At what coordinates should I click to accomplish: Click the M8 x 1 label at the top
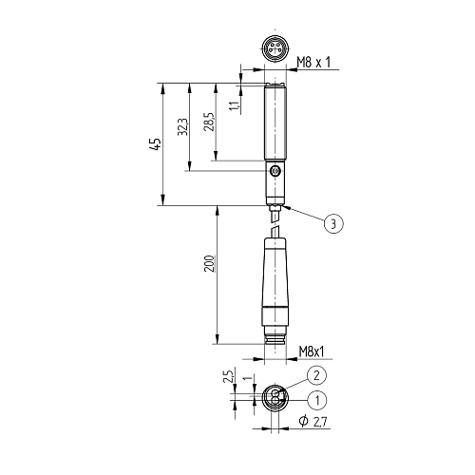tap(313, 63)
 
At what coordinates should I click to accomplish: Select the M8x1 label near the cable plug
tap(312, 351)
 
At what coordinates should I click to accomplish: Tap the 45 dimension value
tap(156, 144)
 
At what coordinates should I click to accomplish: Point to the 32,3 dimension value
tap(182, 127)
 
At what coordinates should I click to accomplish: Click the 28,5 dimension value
tap(209, 122)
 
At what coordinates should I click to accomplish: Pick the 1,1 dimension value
tap(235, 106)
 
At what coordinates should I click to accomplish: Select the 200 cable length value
tap(210, 263)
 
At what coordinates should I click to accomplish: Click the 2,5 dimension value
tap(229, 375)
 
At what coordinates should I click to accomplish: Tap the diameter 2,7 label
tap(313, 422)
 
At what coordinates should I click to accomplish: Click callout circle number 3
tap(333, 224)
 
